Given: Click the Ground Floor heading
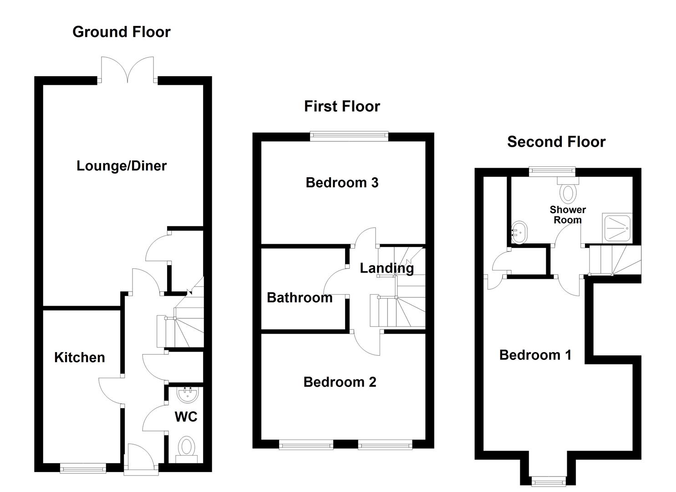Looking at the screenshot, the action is pos(122,32).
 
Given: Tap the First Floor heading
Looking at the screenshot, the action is pos(342,106).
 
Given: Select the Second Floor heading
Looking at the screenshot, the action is pos(556,142).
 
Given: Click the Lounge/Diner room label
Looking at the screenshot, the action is pos(122,166).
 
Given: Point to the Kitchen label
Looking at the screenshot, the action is pos(80,357).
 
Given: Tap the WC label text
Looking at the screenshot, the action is pos(186,417).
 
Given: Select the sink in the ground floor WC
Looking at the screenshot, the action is pos(188,395).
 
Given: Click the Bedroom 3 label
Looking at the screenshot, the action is pos(342,182).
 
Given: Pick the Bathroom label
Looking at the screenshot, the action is pos(300,297).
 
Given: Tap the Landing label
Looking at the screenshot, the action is pos(386,268).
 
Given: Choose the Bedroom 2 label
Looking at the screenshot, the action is pos(340,382).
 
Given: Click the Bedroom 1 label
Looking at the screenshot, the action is pos(535,355).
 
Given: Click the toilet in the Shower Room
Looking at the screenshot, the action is pos(568,190).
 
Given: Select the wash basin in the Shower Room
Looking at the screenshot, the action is pos(519,232).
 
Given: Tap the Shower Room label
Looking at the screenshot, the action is pos(568,215).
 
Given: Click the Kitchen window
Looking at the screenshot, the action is pos(83,469).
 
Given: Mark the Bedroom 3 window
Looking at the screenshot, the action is pos(349,136).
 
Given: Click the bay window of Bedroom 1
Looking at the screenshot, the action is pos(549,482).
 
